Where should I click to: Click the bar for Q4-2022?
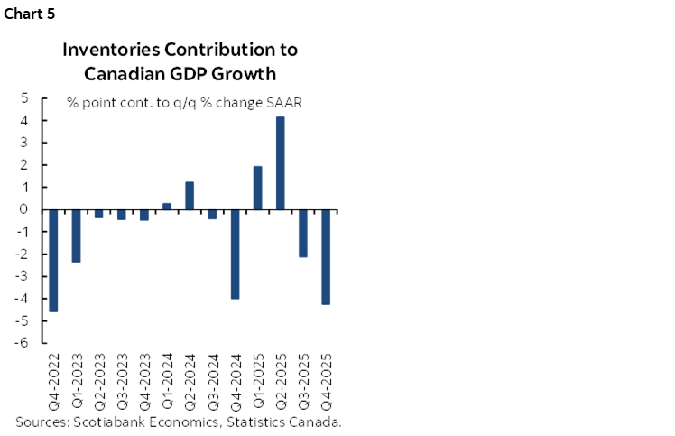point(53,260)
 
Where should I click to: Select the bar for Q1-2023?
point(77,236)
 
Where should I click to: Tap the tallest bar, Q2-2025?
point(281,163)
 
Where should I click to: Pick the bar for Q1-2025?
point(258,188)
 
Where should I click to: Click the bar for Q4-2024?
point(235,254)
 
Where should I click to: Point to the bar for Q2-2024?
point(190,196)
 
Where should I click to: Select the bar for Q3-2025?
point(303,233)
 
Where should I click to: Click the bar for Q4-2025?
point(326,256)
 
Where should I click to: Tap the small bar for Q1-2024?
point(167,207)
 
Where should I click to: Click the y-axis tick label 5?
point(23,98)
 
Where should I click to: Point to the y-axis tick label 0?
point(23,209)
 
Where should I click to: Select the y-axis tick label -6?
point(21,343)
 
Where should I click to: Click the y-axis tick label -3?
point(21,276)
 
